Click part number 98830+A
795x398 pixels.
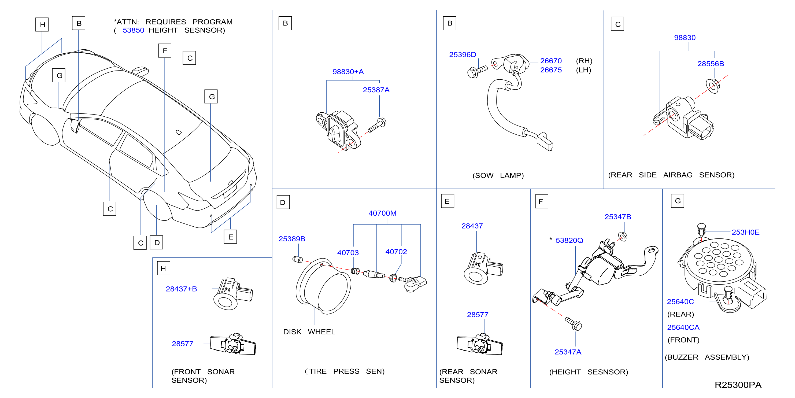(x=348, y=72)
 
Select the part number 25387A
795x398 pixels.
(x=376, y=90)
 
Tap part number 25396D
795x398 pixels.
(x=462, y=55)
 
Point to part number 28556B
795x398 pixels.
(x=711, y=64)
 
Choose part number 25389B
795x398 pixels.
(x=292, y=239)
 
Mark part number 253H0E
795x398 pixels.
(x=745, y=232)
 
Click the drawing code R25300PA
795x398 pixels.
(x=738, y=385)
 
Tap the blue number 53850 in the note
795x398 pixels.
(x=133, y=30)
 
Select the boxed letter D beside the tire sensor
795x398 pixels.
(x=283, y=202)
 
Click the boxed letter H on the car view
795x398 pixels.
(x=42, y=25)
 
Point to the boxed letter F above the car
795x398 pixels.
(x=165, y=51)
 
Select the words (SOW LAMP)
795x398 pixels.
(x=498, y=175)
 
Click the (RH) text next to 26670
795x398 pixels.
(x=584, y=61)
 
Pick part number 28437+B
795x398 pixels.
(x=181, y=289)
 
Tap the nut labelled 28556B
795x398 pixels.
(x=713, y=86)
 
